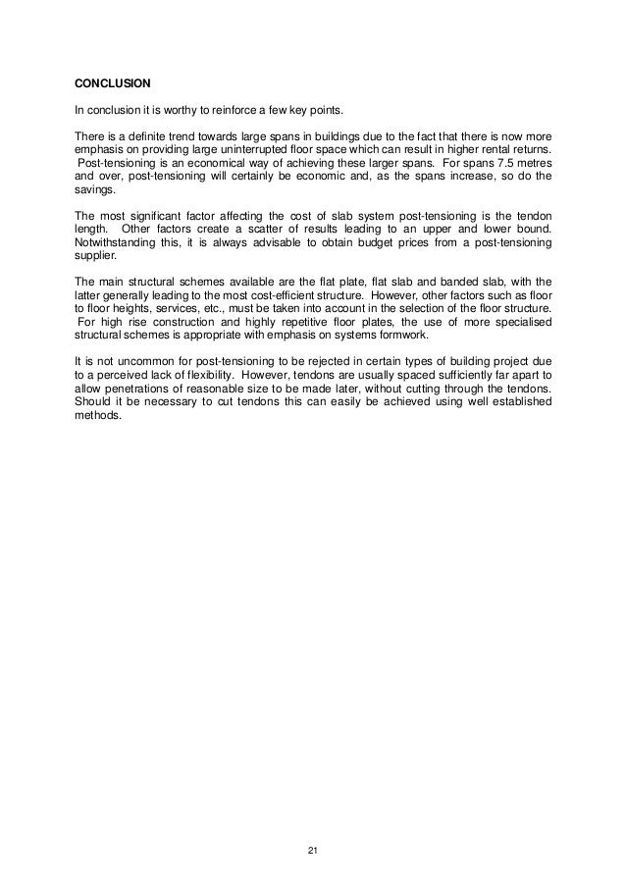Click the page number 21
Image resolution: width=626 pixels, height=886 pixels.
pos(312,849)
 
